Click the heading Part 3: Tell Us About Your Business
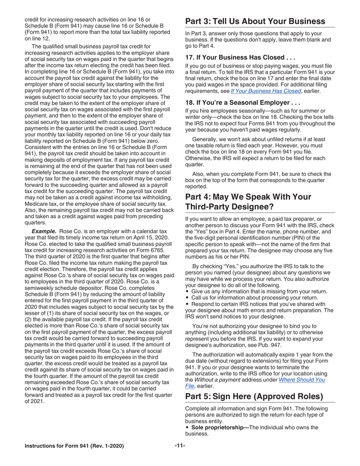click(255, 21)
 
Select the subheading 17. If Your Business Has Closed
click(235, 58)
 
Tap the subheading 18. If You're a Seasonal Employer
click(243, 103)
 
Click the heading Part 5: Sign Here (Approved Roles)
click(254, 396)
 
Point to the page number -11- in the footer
click(180, 446)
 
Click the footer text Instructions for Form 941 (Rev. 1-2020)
click(74, 446)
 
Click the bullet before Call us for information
click(187, 298)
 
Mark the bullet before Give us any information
click(187, 291)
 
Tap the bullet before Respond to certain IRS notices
click(187, 304)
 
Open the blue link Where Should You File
click(302, 380)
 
